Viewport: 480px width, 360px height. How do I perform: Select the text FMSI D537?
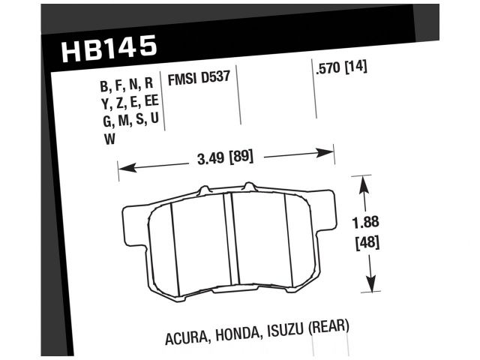(199, 77)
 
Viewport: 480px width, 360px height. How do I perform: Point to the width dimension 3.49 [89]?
(223, 158)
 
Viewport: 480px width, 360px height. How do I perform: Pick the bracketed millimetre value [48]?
(365, 242)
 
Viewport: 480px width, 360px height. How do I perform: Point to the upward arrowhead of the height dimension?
(364, 181)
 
